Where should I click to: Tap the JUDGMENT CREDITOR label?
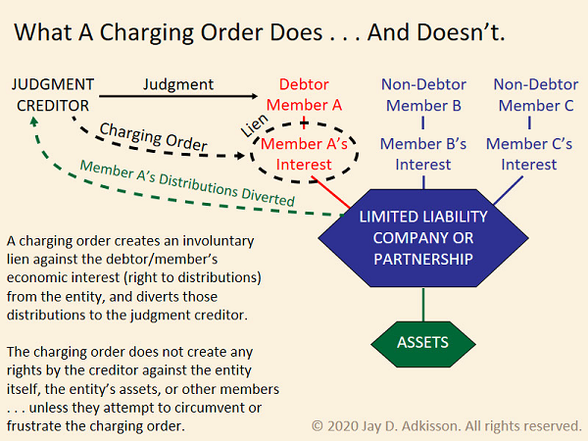click(x=54, y=92)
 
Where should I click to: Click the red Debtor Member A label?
click(x=304, y=95)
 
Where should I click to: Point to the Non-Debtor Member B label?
click(x=423, y=95)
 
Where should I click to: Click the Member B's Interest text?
click(x=423, y=154)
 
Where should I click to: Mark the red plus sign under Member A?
click(x=304, y=124)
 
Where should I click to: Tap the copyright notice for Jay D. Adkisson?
click(x=446, y=425)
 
